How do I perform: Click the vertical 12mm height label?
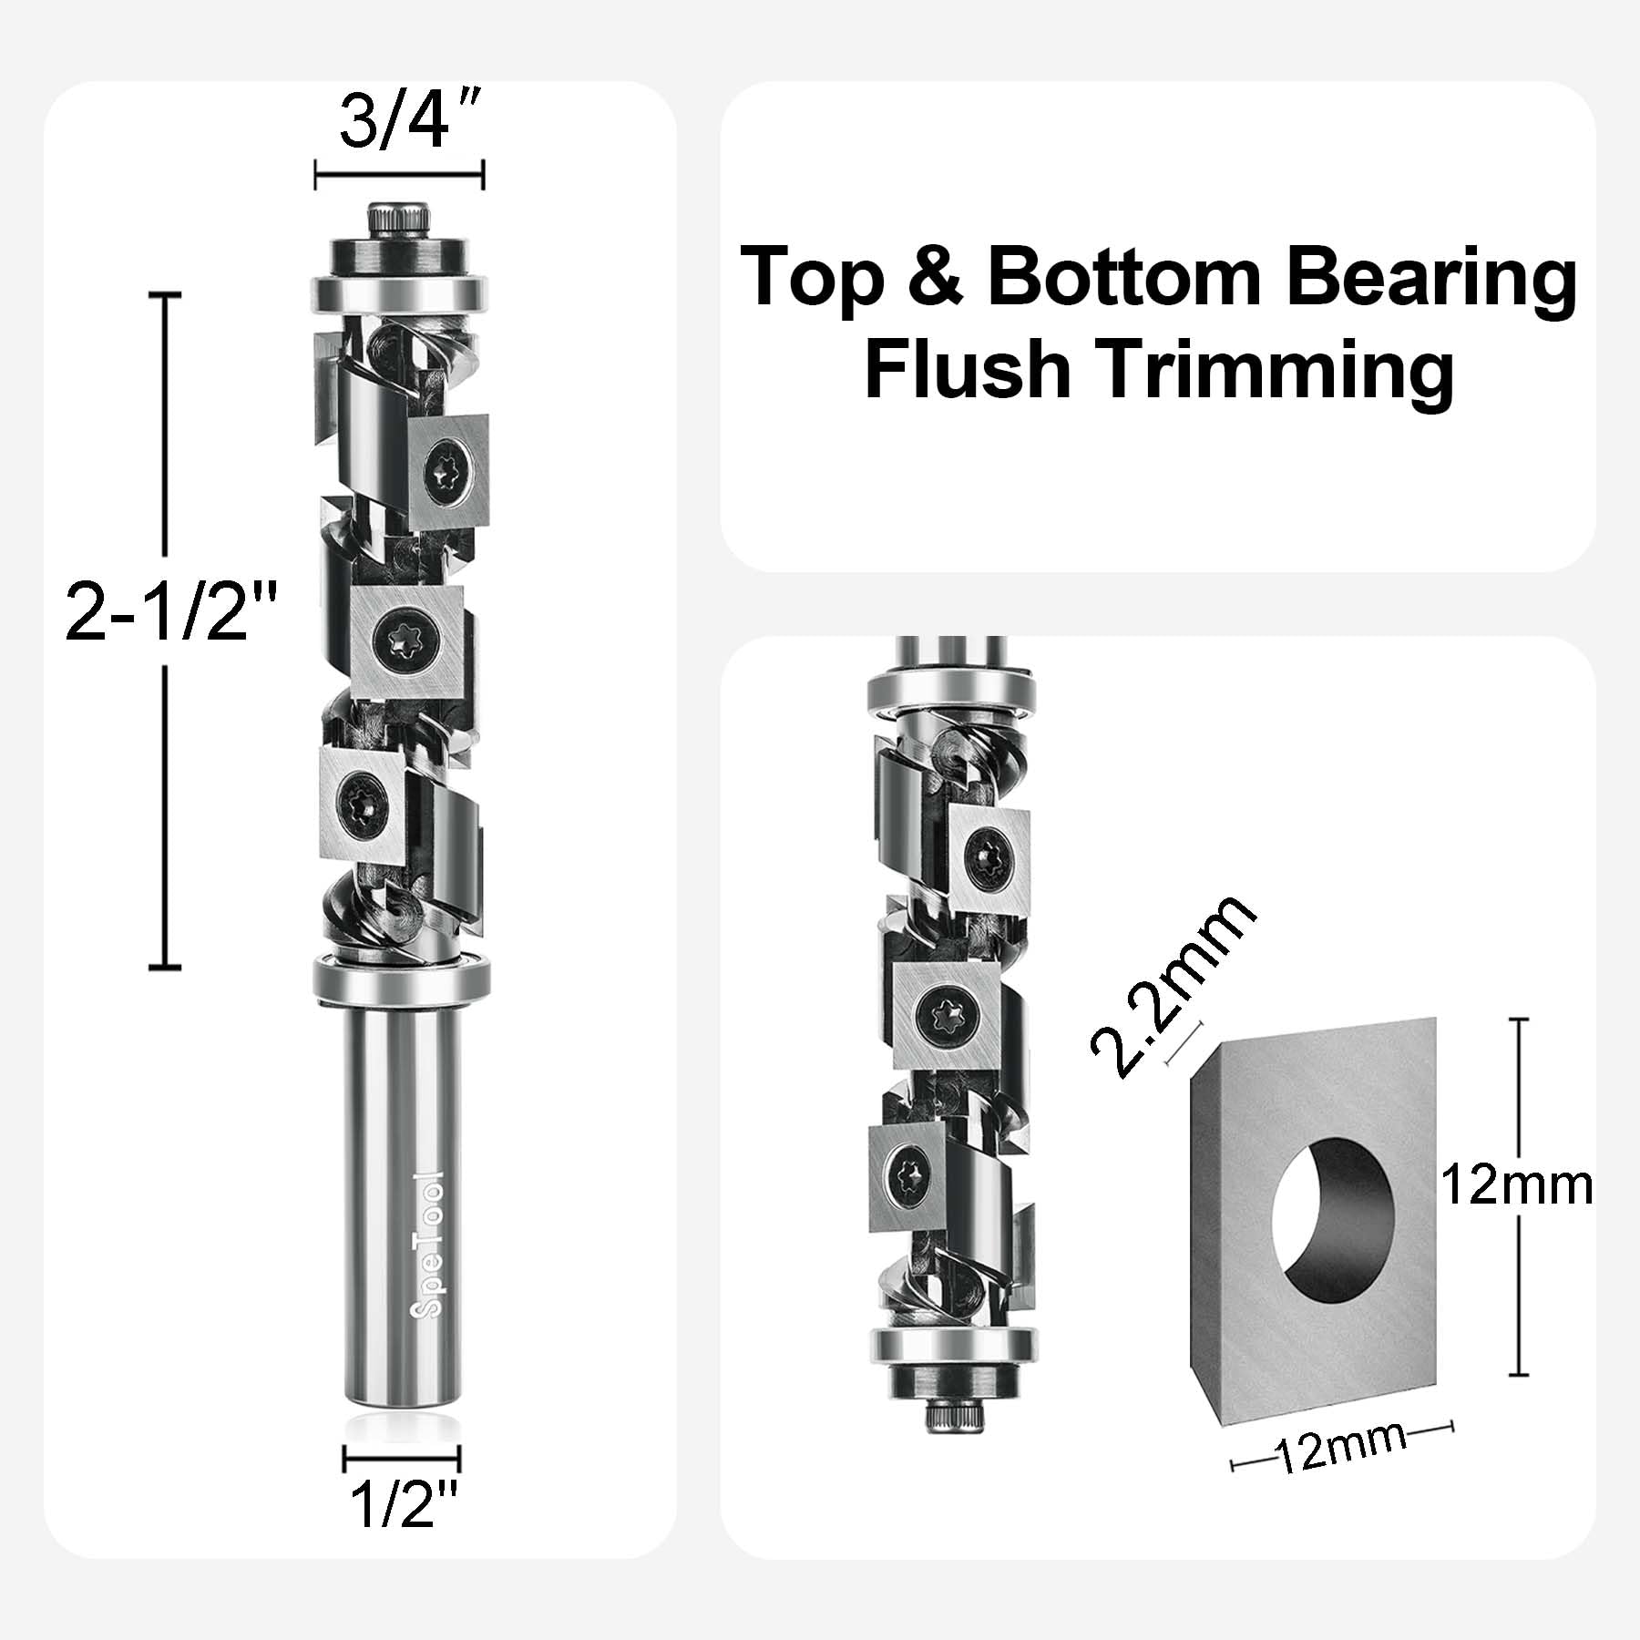point(1516,1186)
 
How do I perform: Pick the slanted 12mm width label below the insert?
point(1340,1471)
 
